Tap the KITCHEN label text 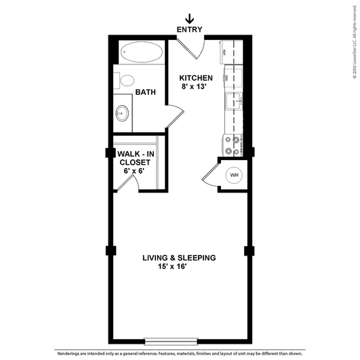tap(197, 78)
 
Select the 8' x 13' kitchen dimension tap(197, 87)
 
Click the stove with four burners tap(232, 143)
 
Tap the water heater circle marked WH tap(235, 175)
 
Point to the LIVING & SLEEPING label tap(179, 258)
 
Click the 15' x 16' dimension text tap(179, 267)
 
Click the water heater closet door tap(211, 174)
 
